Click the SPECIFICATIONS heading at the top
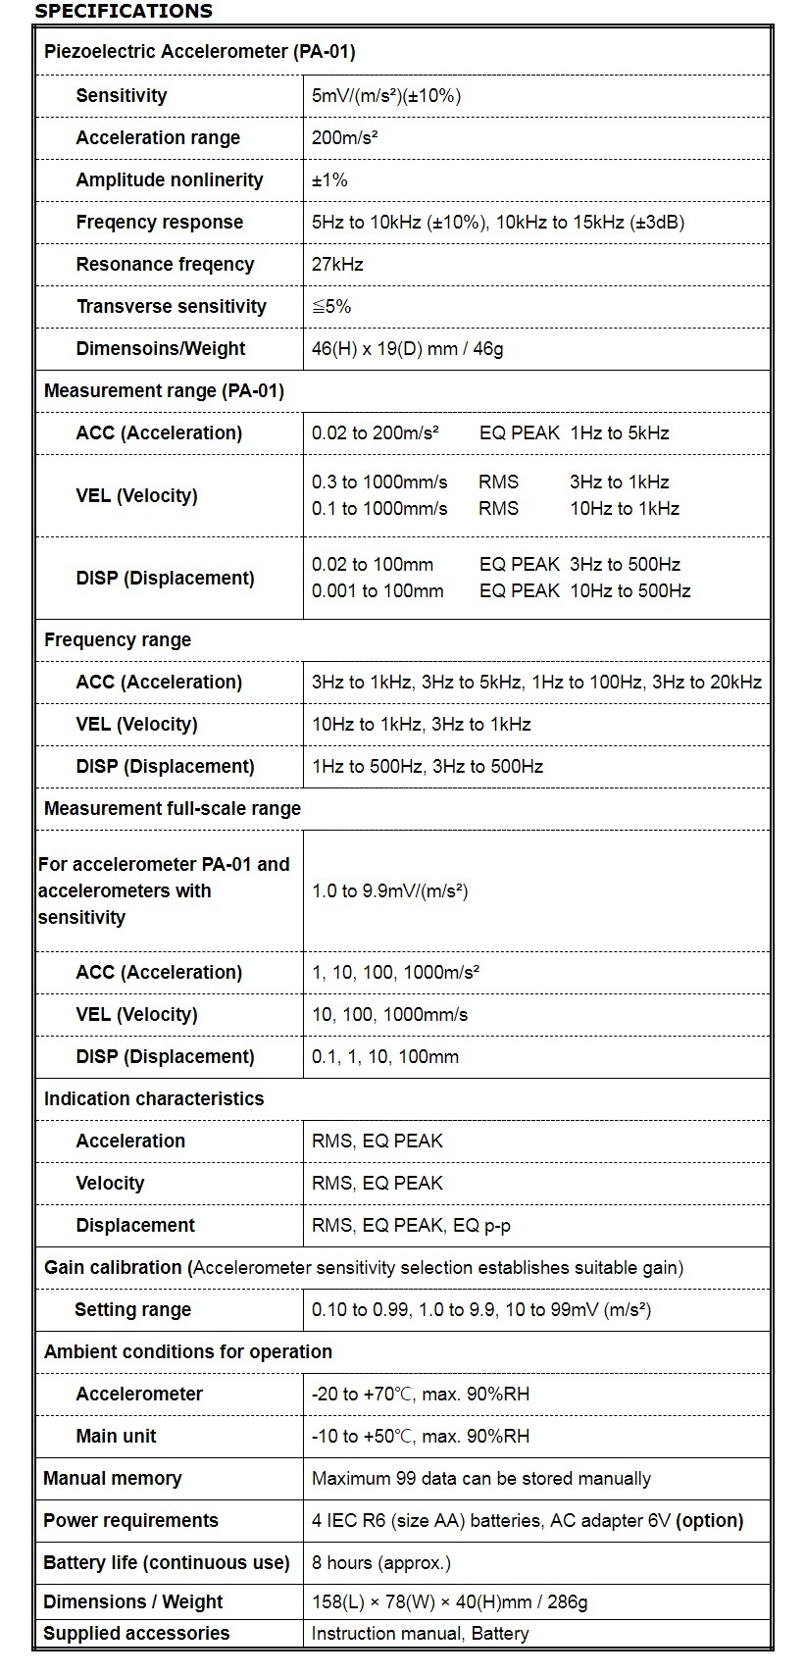pyautogui.click(x=124, y=12)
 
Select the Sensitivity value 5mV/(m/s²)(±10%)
pyautogui.click(x=386, y=95)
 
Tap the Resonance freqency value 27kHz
pyautogui.click(x=337, y=264)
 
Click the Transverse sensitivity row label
pyautogui.click(x=171, y=306)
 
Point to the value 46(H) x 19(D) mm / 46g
pyautogui.click(x=407, y=348)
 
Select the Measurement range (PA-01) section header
pyautogui.click(x=164, y=390)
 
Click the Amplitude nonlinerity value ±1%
pyautogui.click(x=329, y=179)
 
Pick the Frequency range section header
pyautogui.click(x=118, y=639)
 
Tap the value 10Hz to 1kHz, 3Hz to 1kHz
pyautogui.click(x=422, y=724)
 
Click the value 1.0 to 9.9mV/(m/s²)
pyautogui.click(x=389, y=890)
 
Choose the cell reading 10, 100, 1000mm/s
pyautogui.click(x=389, y=1014)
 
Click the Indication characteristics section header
pyautogui.click(x=154, y=1098)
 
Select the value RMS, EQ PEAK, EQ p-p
pyautogui.click(x=411, y=1225)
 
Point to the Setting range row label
pyautogui.click(x=132, y=1309)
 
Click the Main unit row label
pyautogui.click(x=116, y=1436)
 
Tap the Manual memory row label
pyautogui.click(x=113, y=1478)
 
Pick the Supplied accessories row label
pyautogui.click(x=136, y=1633)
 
